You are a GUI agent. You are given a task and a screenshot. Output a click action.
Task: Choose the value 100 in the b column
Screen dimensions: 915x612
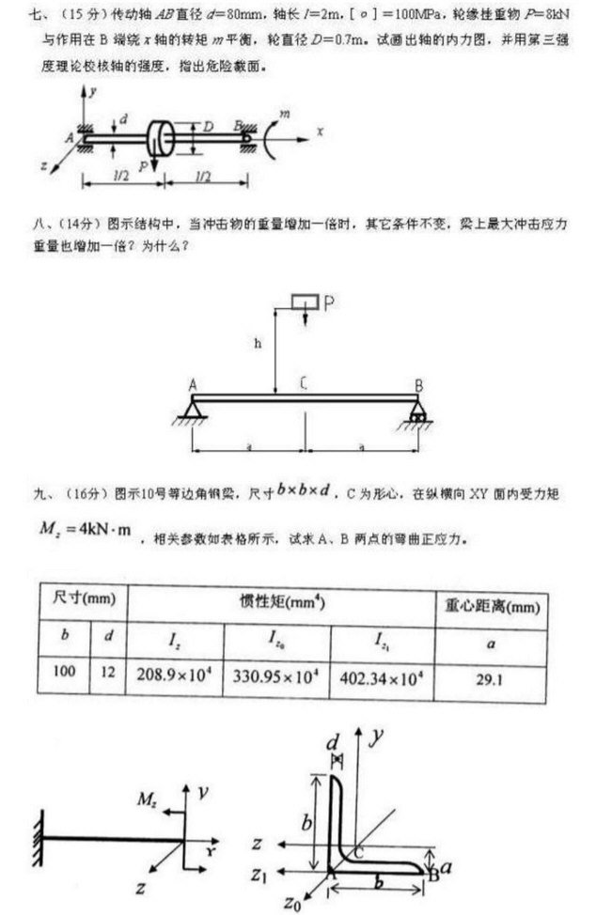tap(64, 674)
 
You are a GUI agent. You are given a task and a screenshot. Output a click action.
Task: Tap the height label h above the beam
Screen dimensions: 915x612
tap(258, 344)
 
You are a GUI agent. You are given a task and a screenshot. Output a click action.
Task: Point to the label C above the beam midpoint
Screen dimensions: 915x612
tap(304, 382)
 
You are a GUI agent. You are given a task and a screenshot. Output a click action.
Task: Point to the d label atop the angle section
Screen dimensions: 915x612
tap(335, 743)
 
